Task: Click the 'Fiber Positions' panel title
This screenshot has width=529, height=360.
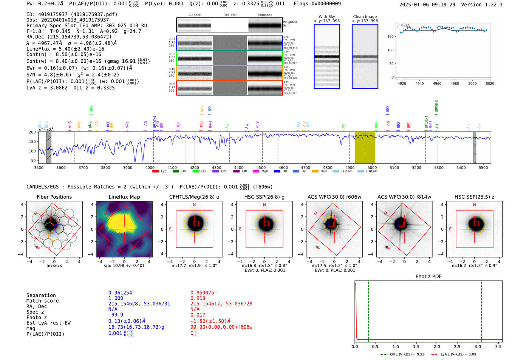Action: tap(54, 197)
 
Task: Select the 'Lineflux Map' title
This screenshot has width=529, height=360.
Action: tap(124, 197)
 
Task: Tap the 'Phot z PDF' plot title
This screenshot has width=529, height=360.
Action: tap(428, 277)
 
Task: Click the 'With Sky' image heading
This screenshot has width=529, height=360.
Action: tap(327, 17)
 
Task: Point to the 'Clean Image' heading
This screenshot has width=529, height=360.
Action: tap(365, 17)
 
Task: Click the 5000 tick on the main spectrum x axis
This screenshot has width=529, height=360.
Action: tap(372, 167)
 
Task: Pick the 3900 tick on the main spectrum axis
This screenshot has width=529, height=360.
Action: tap(128, 167)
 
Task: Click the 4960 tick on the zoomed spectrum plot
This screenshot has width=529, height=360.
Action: tap(437, 83)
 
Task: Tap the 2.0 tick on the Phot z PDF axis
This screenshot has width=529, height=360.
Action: tap(437, 346)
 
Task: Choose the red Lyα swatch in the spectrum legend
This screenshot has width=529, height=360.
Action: tap(155, 172)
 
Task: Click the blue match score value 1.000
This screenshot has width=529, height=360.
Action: tap(116, 298)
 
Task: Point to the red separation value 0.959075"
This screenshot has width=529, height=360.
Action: tap(204, 293)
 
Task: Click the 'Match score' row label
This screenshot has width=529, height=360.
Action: tap(42, 301)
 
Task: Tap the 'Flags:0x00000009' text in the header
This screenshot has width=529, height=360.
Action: tap(317, 3)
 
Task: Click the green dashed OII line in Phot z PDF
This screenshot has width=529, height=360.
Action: tap(368, 310)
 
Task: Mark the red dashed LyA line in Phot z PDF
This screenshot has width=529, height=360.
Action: tap(481, 310)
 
